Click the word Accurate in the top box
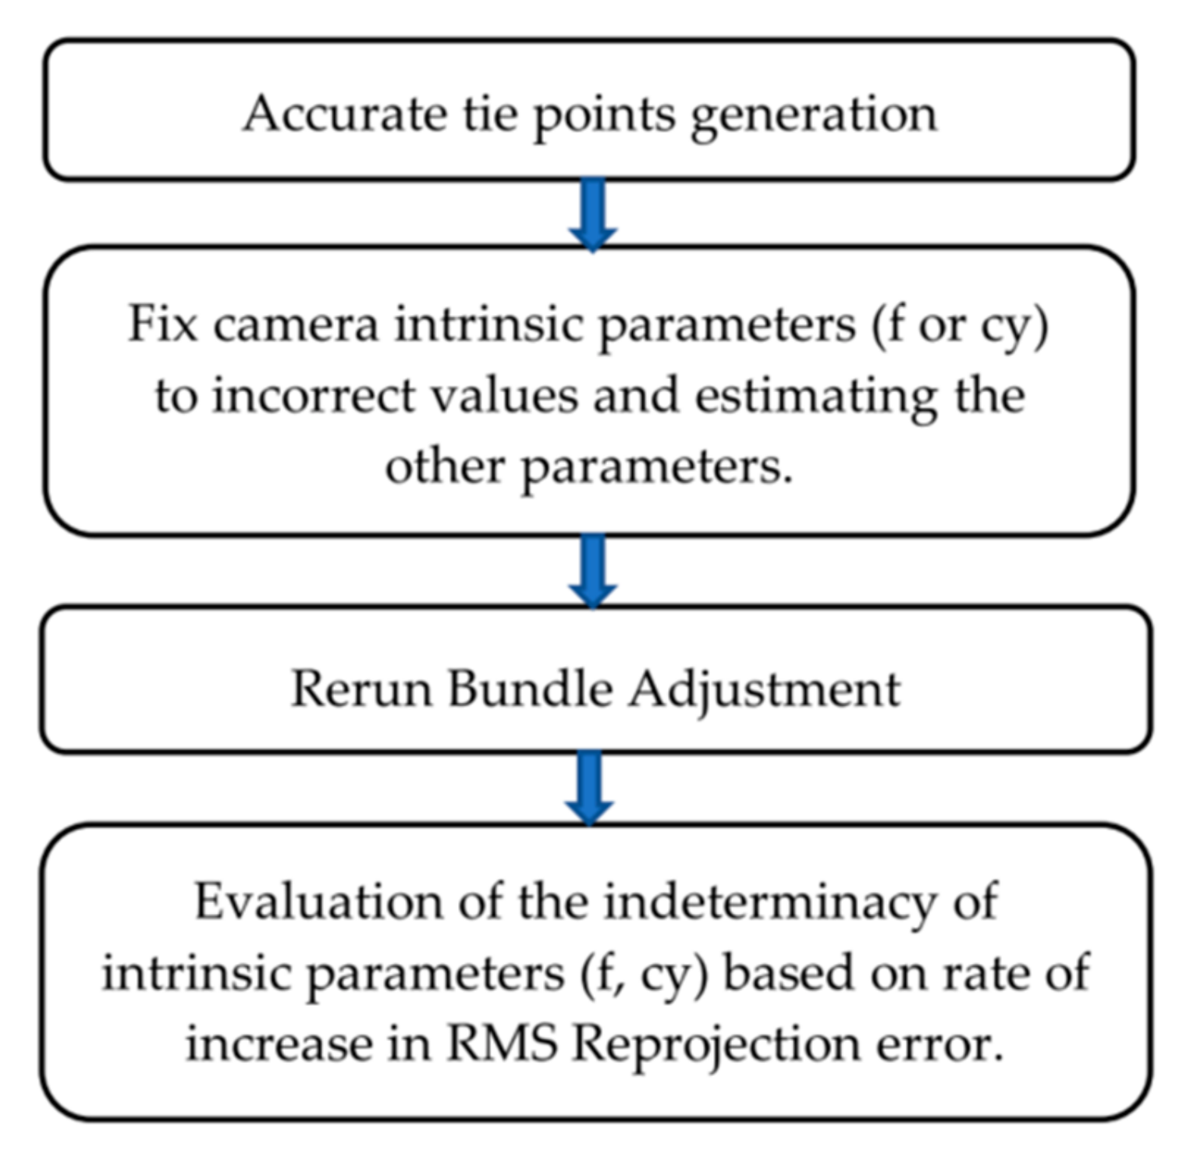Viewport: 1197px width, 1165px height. (x=344, y=114)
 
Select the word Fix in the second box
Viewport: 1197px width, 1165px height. (x=162, y=323)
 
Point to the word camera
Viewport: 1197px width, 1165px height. (x=297, y=324)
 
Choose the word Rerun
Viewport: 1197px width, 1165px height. (x=361, y=689)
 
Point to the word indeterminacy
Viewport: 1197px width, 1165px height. (x=769, y=903)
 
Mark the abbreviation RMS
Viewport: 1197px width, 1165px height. (x=501, y=1043)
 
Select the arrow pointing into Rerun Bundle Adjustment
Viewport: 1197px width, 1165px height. (x=593, y=570)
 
